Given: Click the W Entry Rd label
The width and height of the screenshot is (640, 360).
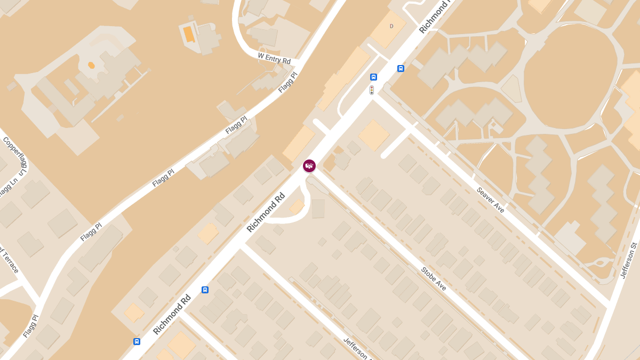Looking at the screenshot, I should click(x=274, y=58).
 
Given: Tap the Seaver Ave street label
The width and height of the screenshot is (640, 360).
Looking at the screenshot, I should click(x=490, y=200).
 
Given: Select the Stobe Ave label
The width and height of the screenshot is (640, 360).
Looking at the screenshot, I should click(x=434, y=279).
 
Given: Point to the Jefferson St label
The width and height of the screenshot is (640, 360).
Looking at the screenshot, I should click(x=629, y=260).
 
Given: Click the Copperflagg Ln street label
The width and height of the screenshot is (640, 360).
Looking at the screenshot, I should click(x=15, y=156).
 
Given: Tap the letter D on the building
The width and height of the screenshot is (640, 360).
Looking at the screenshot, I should click(x=391, y=26).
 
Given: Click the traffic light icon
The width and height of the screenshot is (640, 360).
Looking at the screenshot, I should click(x=372, y=90).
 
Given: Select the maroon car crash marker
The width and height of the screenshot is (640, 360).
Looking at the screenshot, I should click(x=309, y=166).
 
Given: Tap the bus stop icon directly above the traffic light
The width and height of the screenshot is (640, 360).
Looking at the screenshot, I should click(x=373, y=77).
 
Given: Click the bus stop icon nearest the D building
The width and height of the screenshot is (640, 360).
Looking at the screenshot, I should click(x=401, y=68).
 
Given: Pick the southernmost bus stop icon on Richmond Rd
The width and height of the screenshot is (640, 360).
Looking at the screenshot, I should click(x=137, y=341).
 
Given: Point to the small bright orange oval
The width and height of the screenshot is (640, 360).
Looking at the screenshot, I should click(x=91, y=65).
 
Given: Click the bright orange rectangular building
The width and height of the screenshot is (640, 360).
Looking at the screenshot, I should click(x=189, y=34).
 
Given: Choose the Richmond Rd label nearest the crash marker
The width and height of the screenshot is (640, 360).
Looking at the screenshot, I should click(x=266, y=212).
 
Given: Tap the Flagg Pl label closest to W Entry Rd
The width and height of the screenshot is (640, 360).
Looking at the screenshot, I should click(x=287, y=83).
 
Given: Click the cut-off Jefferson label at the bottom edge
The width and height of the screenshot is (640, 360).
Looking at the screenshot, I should click(x=355, y=349).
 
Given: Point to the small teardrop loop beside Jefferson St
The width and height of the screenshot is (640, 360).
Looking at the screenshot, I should click(x=601, y=262).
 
